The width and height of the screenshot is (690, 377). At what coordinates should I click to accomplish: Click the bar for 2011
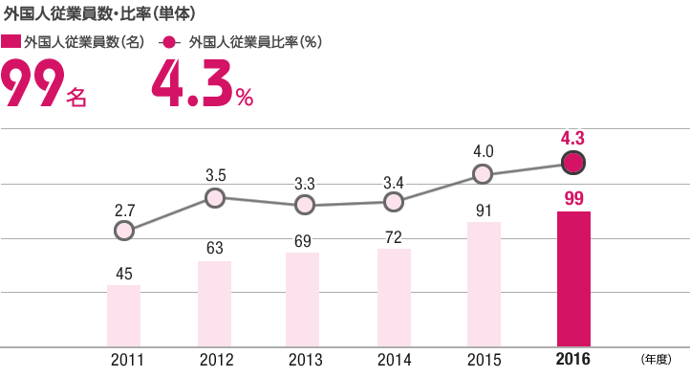pos(123,316)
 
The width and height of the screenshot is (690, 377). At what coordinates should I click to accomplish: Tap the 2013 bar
pos(303,299)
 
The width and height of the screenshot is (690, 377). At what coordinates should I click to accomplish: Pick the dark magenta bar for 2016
pos(573,279)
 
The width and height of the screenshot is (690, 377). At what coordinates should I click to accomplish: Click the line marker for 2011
pos(123,231)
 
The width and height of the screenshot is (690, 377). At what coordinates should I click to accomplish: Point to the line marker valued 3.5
pos(215,198)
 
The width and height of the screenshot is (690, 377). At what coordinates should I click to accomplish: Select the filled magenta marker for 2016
pos(573,163)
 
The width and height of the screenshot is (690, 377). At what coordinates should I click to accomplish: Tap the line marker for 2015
pos(483,174)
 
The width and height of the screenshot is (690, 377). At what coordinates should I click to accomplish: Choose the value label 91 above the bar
pos(483,209)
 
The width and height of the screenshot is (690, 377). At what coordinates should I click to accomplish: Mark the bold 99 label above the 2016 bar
pos(573,198)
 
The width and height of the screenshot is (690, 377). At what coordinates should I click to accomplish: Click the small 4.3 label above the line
pos(573,139)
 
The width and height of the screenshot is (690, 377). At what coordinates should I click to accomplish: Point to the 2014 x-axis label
pos(394,360)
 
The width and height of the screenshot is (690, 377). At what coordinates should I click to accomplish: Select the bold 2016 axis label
pos(573,360)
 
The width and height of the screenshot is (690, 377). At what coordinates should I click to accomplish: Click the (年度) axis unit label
pos(658,360)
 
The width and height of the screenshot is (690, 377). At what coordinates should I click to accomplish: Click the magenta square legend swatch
pos(11,43)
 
